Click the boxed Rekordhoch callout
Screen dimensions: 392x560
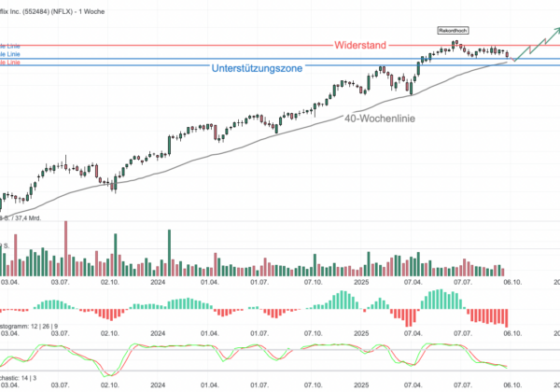tap(452, 32)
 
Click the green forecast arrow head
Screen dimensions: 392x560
tap(555, 29)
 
